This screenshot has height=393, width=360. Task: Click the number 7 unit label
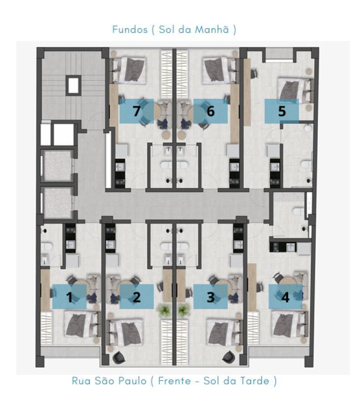click(136, 111)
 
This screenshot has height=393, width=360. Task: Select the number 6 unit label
click(210, 111)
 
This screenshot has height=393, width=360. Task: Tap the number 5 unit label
click(282, 111)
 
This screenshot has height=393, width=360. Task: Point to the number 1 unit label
click(69, 297)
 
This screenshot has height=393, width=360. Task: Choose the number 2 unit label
click(136, 297)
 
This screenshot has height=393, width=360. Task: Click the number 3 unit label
click(210, 297)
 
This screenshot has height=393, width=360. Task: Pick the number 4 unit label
click(285, 297)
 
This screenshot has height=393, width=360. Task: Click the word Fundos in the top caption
click(130, 29)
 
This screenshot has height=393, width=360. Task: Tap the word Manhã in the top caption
click(212, 29)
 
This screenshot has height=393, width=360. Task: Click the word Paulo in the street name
click(132, 381)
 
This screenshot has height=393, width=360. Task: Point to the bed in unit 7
click(129, 70)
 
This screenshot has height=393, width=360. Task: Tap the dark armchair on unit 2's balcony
click(119, 357)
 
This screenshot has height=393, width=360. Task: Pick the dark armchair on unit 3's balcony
click(229, 357)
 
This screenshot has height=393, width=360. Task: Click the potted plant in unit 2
click(163, 310)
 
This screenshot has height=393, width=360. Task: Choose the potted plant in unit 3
click(183, 310)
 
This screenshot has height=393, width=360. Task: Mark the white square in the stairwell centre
click(73, 85)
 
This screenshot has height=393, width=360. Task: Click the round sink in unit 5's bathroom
click(307, 128)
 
